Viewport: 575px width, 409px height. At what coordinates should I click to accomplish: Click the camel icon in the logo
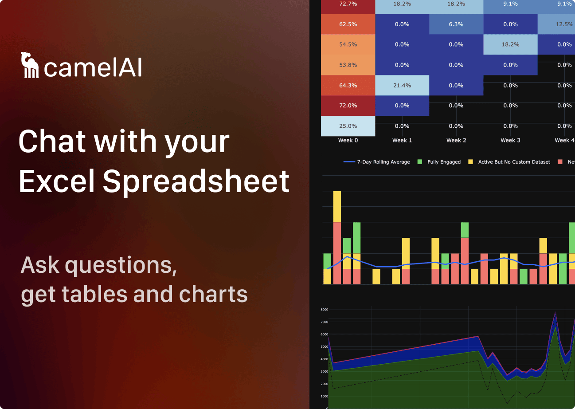(x=30, y=65)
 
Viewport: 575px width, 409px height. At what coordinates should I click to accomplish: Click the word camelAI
(x=93, y=67)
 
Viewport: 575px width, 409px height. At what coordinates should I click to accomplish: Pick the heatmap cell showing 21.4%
(x=402, y=85)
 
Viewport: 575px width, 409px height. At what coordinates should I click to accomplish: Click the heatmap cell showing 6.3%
(x=456, y=24)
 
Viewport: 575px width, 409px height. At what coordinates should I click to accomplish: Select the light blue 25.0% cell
(x=348, y=126)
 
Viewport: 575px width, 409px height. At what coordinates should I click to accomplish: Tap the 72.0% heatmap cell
(x=348, y=106)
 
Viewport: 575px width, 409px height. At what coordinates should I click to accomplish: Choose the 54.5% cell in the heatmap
(x=348, y=44)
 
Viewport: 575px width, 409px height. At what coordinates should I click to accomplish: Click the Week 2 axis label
(x=456, y=140)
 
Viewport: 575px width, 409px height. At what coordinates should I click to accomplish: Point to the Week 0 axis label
(x=348, y=140)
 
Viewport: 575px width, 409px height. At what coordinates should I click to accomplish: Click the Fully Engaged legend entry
(x=444, y=162)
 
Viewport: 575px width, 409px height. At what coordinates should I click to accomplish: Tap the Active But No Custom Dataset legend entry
(x=514, y=162)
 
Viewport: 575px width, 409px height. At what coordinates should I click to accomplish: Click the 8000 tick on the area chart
(x=324, y=309)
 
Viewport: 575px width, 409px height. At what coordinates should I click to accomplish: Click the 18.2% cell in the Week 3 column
(x=510, y=44)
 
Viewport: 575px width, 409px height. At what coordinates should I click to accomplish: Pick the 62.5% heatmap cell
(x=348, y=24)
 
